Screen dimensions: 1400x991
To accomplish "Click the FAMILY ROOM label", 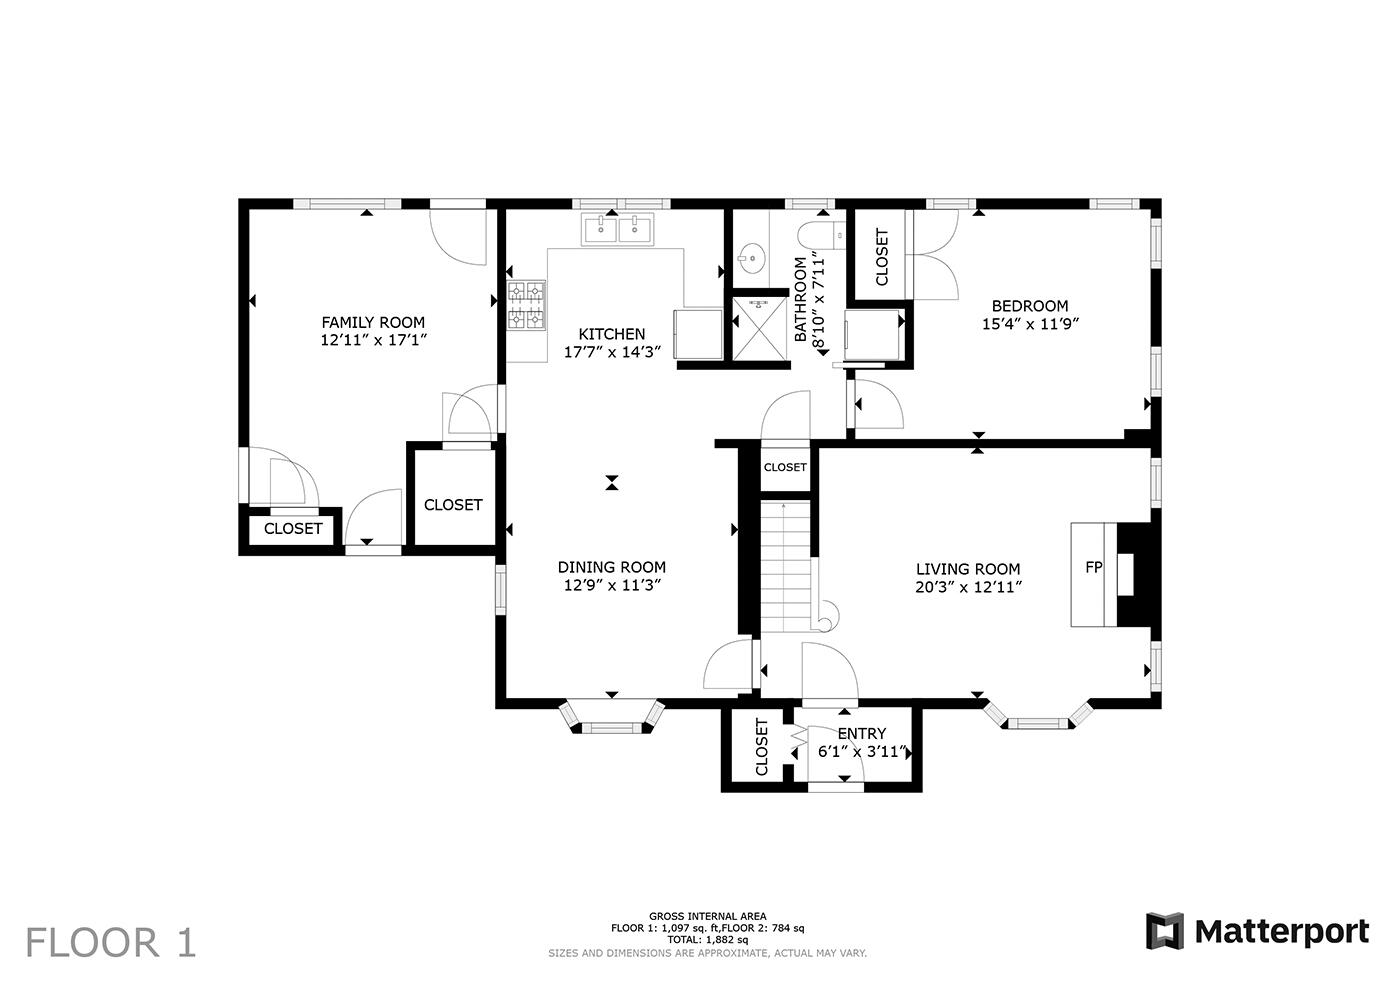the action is point(373,322).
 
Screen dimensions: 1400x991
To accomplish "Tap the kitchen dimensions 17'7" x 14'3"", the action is point(612,352).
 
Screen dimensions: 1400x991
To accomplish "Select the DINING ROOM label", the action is point(612,567).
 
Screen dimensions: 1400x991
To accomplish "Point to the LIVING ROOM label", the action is point(968,569).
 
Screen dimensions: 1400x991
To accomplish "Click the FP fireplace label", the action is point(1094,567).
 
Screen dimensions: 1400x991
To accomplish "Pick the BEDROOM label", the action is point(1030,306).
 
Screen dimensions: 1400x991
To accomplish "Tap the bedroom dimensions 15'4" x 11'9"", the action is point(1031,324).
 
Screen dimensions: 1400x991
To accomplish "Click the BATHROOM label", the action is point(801,300).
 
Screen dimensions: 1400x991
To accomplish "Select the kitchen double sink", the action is point(618,230).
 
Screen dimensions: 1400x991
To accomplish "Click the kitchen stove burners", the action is point(526,306).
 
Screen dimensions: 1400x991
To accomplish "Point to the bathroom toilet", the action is point(821,236).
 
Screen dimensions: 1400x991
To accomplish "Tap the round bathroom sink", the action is point(751,257).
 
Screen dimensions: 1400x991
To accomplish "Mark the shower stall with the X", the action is point(759,329).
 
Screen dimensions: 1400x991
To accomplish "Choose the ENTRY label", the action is point(862,734).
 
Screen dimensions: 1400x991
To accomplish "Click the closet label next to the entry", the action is point(761,747).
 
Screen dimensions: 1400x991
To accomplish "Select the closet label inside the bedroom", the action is point(882,257).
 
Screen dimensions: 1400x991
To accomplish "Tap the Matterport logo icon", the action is point(1164,931).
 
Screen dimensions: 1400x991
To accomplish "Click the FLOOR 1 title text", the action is point(111,943).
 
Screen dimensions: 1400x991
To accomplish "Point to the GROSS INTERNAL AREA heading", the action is point(708,917).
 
